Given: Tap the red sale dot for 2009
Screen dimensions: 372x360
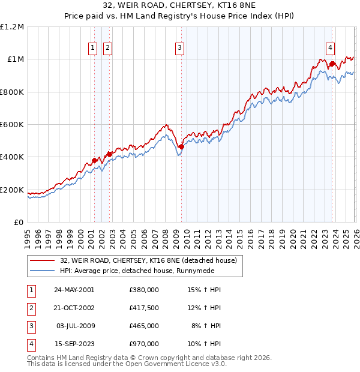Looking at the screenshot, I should (x=181, y=146).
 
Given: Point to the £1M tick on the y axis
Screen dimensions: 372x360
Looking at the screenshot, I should (x=15, y=59).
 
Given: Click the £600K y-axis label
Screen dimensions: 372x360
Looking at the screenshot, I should (x=12, y=125).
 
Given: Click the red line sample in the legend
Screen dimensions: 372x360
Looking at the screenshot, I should (x=43, y=260).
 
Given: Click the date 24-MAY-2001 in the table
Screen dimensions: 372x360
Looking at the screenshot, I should (x=74, y=289).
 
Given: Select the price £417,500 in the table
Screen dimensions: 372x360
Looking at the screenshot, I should (x=143, y=307).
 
